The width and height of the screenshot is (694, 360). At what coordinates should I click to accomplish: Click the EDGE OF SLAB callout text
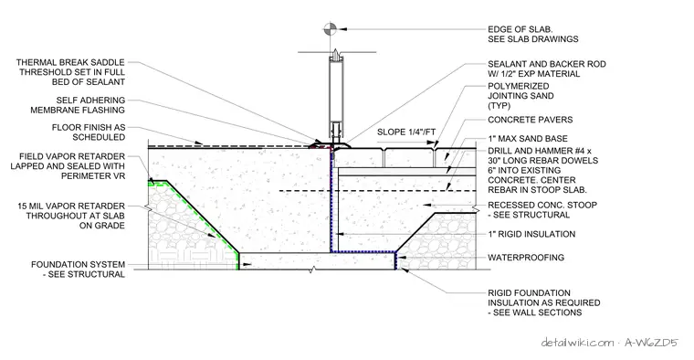point(533,34)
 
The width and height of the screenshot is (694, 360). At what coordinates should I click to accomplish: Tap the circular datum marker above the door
point(330,29)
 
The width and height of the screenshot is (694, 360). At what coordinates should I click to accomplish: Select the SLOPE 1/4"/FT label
point(406,132)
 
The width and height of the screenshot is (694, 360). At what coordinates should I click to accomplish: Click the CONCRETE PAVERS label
point(531,120)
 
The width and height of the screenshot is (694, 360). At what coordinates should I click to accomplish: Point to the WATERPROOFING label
point(526,258)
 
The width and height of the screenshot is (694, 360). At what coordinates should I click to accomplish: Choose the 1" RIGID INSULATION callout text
point(531,234)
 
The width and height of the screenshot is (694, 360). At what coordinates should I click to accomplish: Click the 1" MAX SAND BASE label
point(528,139)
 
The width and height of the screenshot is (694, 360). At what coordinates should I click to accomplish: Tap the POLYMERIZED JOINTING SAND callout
point(520,96)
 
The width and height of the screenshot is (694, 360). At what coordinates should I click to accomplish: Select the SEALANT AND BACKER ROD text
point(547,69)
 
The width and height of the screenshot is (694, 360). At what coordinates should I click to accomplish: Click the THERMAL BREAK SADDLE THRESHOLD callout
point(71,72)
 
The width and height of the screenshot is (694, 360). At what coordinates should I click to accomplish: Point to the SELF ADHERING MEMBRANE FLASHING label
point(78,105)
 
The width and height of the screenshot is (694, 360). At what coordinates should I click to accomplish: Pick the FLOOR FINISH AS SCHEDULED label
point(89,132)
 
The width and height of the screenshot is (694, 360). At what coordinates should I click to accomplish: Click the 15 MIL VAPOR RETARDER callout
point(71,216)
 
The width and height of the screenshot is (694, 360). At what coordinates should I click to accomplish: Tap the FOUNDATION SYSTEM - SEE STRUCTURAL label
point(78,270)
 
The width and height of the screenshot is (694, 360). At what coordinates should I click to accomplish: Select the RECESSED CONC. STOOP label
point(542,210)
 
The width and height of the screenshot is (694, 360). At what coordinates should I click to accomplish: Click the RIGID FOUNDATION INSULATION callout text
point(544,302)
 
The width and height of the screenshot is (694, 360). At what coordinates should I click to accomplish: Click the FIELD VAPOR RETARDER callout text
point(68,166)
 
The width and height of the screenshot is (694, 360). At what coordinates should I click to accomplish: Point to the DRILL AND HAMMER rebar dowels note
point(542,171)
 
